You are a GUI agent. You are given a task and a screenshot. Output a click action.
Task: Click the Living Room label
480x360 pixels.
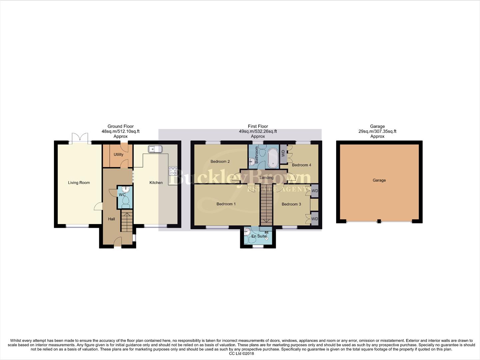[79, 183]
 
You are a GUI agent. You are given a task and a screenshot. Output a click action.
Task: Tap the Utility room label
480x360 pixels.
[118, 155]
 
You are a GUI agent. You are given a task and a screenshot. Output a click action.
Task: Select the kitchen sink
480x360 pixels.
[155, 149]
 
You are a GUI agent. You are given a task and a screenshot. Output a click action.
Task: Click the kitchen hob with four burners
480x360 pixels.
[173, 171]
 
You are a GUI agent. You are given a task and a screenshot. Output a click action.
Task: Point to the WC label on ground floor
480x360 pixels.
[122, 195]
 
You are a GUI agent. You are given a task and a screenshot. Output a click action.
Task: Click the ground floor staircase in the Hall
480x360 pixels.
[127, 221]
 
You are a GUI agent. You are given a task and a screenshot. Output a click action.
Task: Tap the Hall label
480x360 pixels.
[111, 219]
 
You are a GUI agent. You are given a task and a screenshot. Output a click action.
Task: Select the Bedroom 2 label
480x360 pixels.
[220, 162]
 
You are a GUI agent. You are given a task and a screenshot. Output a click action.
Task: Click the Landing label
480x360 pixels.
[266, 178]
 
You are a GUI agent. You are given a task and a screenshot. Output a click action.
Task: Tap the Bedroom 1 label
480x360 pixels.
[226, 204]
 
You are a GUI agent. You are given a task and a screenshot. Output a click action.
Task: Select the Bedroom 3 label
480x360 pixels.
[291, 204]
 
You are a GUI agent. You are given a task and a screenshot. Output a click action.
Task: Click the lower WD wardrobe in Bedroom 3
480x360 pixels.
[314, 219]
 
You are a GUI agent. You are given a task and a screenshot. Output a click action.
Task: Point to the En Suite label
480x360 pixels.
[259, 236]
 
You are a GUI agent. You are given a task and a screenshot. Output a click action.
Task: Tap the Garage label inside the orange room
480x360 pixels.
[379, 180]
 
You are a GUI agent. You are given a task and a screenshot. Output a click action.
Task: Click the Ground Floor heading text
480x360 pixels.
[120, 126]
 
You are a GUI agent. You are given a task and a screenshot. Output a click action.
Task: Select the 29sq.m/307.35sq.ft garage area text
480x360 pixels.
[377, 131]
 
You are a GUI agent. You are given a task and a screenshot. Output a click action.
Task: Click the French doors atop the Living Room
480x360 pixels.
[80, 138]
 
